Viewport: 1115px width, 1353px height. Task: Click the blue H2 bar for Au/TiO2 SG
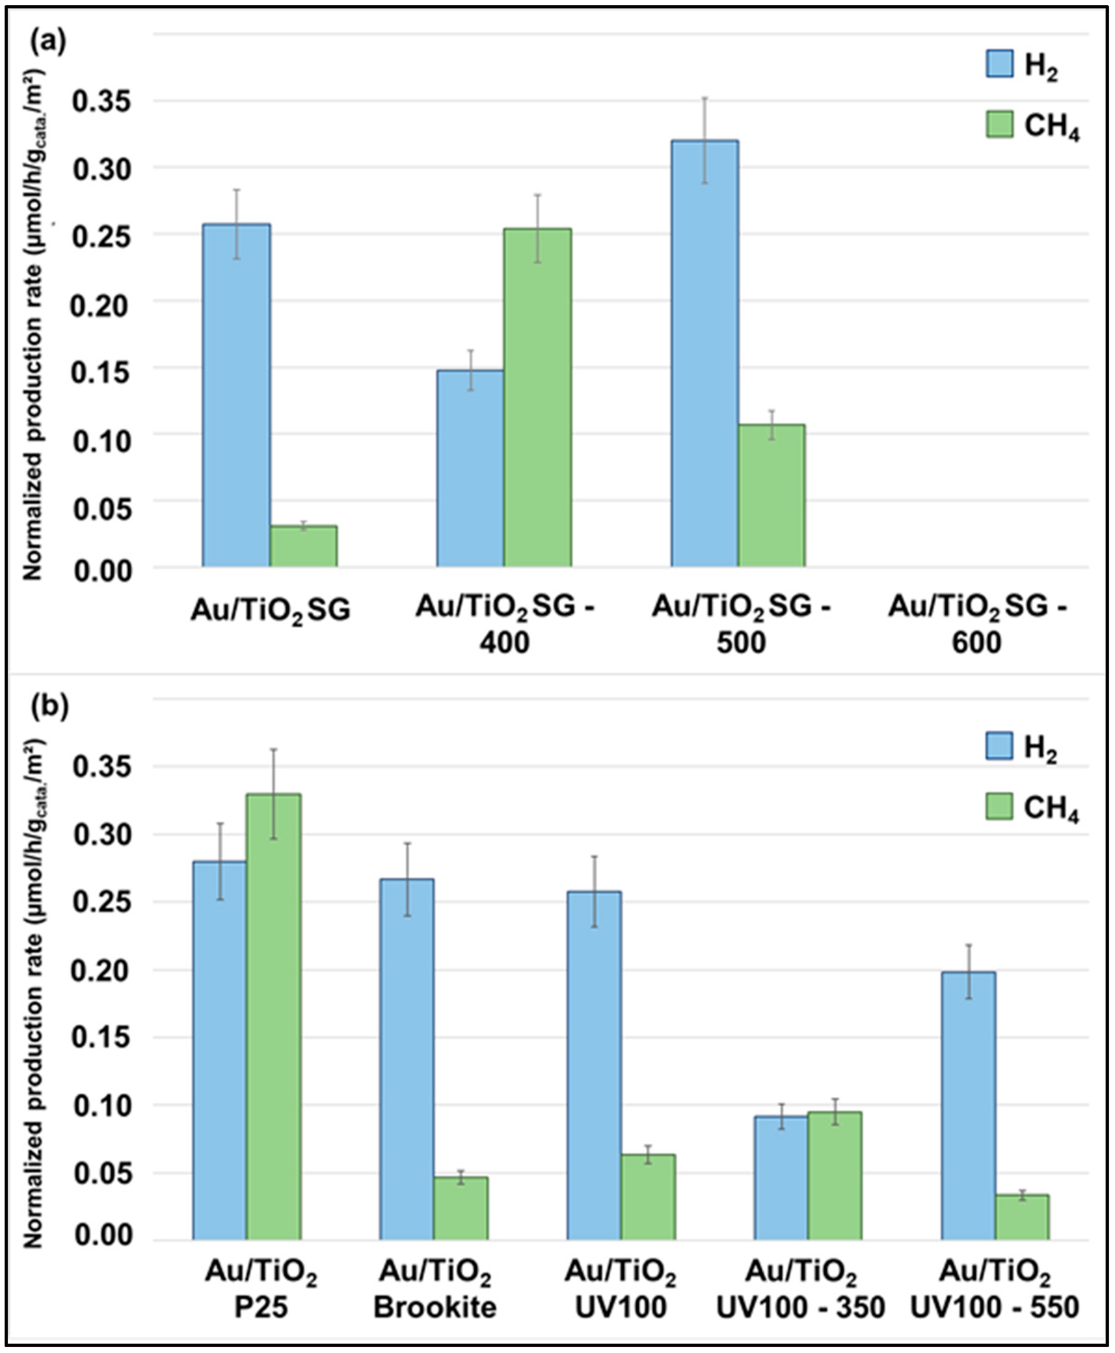pos(236,395)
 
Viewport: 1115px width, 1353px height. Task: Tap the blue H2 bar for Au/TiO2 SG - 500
pos(705,353)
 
